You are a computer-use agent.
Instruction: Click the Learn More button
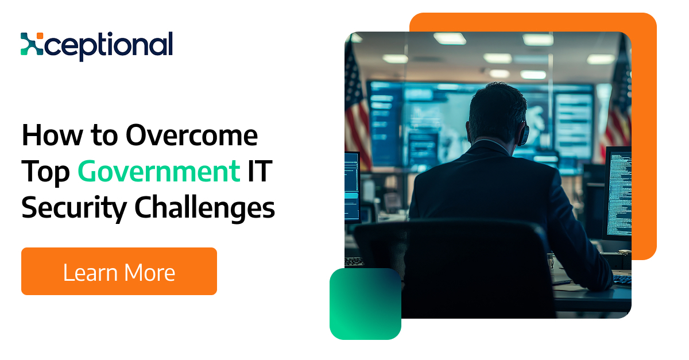[x=119, y=271]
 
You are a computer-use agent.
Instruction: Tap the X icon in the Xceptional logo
[x=32, y=44]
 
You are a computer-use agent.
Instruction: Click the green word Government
[x=158, y=171]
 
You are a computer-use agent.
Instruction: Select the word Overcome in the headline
[x=192, y=136]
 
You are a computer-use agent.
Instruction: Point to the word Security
[x=74, y=209]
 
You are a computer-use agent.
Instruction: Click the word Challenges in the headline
[x=204, y=208]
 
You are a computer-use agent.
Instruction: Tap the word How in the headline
[x=53, y=136]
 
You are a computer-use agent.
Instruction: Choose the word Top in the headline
[x=45, y=173]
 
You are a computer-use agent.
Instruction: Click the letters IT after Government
[x=260, y=171]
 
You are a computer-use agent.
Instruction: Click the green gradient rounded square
[x=365, y=304]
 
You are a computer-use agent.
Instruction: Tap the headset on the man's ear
[x=523, y=134]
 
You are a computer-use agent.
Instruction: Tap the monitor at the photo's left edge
[x=352, y=187]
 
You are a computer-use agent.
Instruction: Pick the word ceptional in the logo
[x=109, y=45]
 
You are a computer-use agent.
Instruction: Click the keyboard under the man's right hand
[x=622, y=280]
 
